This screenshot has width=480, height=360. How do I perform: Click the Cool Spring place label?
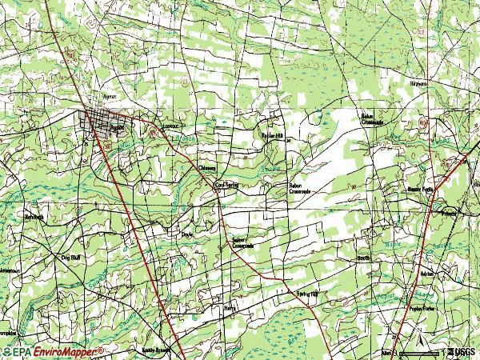[x=227, y=184]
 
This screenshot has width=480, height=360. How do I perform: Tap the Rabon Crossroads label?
[x=300, y=189]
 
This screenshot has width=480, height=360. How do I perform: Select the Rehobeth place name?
[x=33, y=217]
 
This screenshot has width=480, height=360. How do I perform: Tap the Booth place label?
[x=363, y=258]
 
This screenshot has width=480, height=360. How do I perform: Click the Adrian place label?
[x=426, y=273]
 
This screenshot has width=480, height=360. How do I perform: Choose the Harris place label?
[x=230, y=306]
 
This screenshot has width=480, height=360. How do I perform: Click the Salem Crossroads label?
[x=242, y=242]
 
